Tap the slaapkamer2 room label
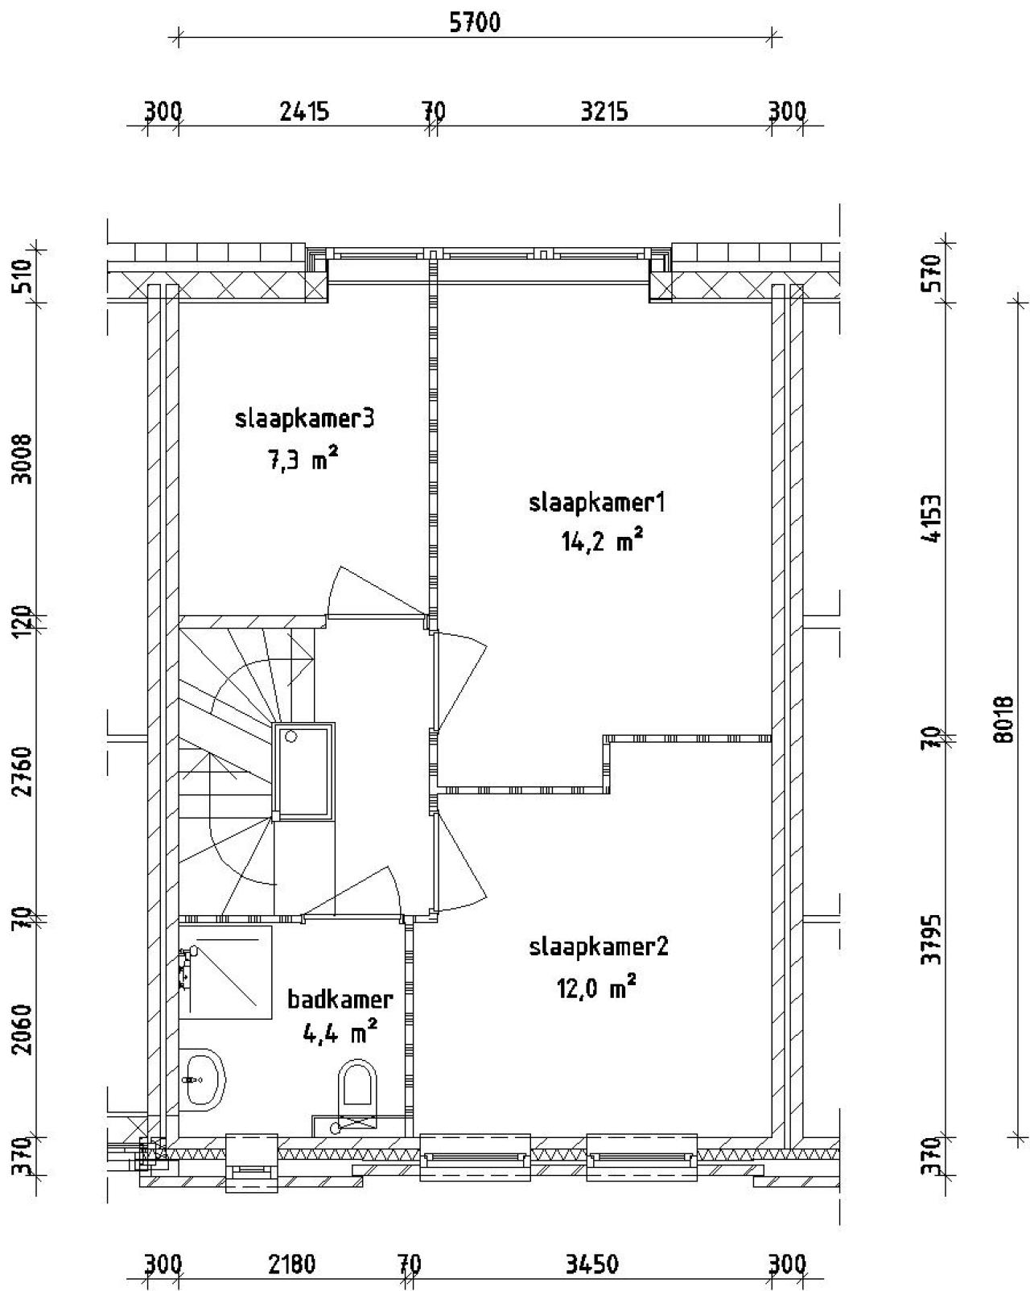click(x=599, y=947)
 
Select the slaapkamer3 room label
click(x=305, y=419)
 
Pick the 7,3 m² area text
click(x=303, y=460)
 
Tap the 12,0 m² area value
click(x=597, y=987)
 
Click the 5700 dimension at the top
click(x=475, y=23)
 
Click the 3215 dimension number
click(x=604, y=110)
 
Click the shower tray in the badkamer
click(x=225, y=971)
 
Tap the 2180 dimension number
click(x=291, y=1264)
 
